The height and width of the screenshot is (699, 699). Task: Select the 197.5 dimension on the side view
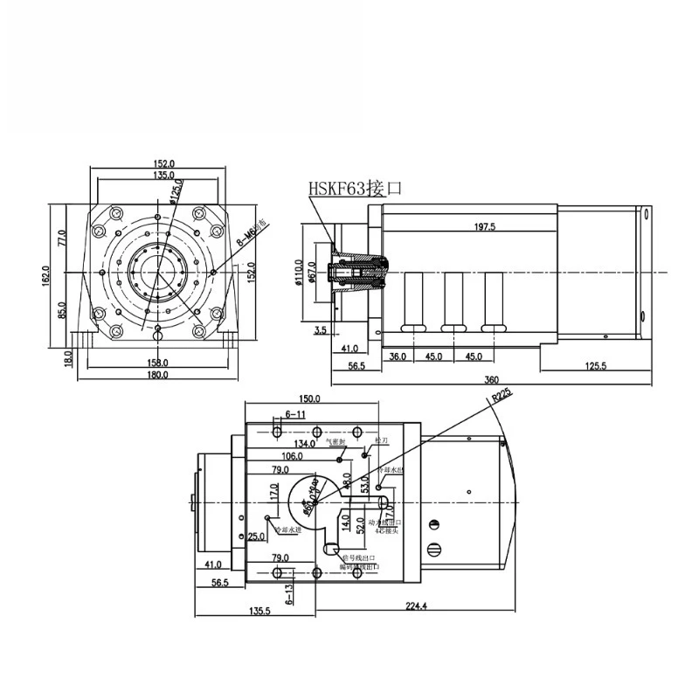click(484, 226)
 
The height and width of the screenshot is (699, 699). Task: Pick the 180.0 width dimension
click(156, 375)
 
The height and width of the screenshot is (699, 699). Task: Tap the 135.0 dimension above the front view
click(156, 175)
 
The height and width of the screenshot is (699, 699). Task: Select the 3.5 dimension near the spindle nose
click(319, 330)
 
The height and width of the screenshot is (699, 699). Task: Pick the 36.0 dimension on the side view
click(398, 356)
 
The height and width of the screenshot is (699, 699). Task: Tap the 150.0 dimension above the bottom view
click(309, 398)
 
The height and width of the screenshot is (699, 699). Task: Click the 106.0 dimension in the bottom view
click(292, 456)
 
